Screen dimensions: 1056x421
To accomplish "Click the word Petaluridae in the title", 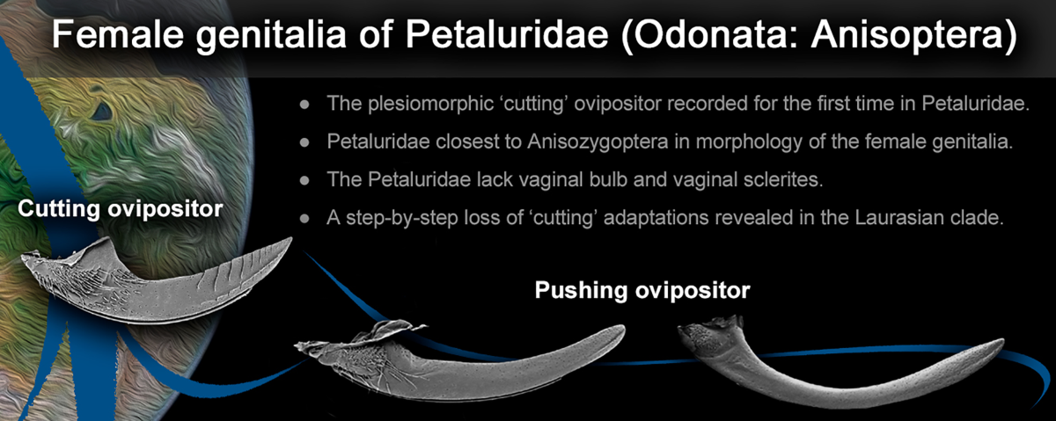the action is pyautogui.click(x=506, y=33).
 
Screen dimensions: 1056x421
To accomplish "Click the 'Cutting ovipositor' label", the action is pyautogui.click(x=121, y=209).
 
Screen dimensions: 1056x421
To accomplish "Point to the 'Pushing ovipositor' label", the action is pyautogui.click(x=642, y=291).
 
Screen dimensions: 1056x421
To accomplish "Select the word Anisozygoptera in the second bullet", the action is pyautogui.click(x=598, y=142).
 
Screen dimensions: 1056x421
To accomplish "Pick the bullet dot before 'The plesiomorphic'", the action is pyautogui.click(x=304, y=105).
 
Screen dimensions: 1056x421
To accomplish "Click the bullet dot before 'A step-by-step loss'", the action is pyautogui.click(x=304, y=219).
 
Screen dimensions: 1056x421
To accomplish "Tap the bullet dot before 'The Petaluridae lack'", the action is pyautogui.click(x=304, y=180).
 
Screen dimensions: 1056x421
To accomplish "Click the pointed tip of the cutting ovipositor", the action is pyautogui.click(x=291, y=239).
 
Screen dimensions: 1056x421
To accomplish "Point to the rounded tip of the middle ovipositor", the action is pyautogui.click(x=621, y=330).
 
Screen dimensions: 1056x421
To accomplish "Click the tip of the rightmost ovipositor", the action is pyautogui.click(x=1001, y=342).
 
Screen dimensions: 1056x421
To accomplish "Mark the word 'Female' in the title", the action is pyautogui.click(x=117, y=34).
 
